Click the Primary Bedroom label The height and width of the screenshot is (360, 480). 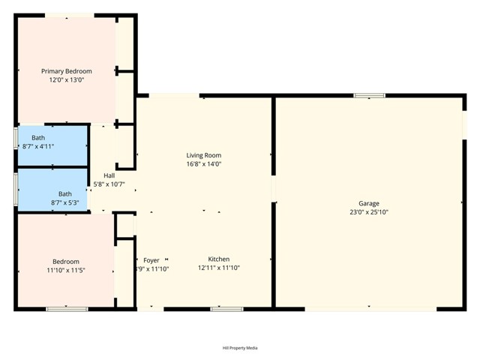coord(67,71)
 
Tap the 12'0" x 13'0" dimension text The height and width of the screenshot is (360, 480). coord(67,79)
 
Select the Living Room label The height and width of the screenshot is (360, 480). coord(203,155)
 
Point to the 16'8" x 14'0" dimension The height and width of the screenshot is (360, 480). coord(203,163)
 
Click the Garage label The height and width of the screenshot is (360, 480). coord(368,203)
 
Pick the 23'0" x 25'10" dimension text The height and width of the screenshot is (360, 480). coord(368,212)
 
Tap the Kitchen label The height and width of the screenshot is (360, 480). coord(219,259)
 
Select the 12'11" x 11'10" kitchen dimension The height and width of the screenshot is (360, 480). coord(219,268)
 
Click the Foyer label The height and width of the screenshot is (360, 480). coord(151,260)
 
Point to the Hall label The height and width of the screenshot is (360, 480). coord(109,175)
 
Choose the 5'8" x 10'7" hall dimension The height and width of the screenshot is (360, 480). coord(109,184)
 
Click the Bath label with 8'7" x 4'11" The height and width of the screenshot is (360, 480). coord(38,138)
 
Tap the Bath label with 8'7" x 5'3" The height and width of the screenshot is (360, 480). coord(65,193)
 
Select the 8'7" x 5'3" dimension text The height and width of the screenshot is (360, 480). coord(65,202)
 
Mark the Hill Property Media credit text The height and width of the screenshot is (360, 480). coord(240,347)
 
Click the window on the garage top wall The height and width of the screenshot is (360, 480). coord(369,95)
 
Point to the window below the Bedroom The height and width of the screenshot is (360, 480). coord(66,308)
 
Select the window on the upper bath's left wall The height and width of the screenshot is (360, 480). coord(16,145)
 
